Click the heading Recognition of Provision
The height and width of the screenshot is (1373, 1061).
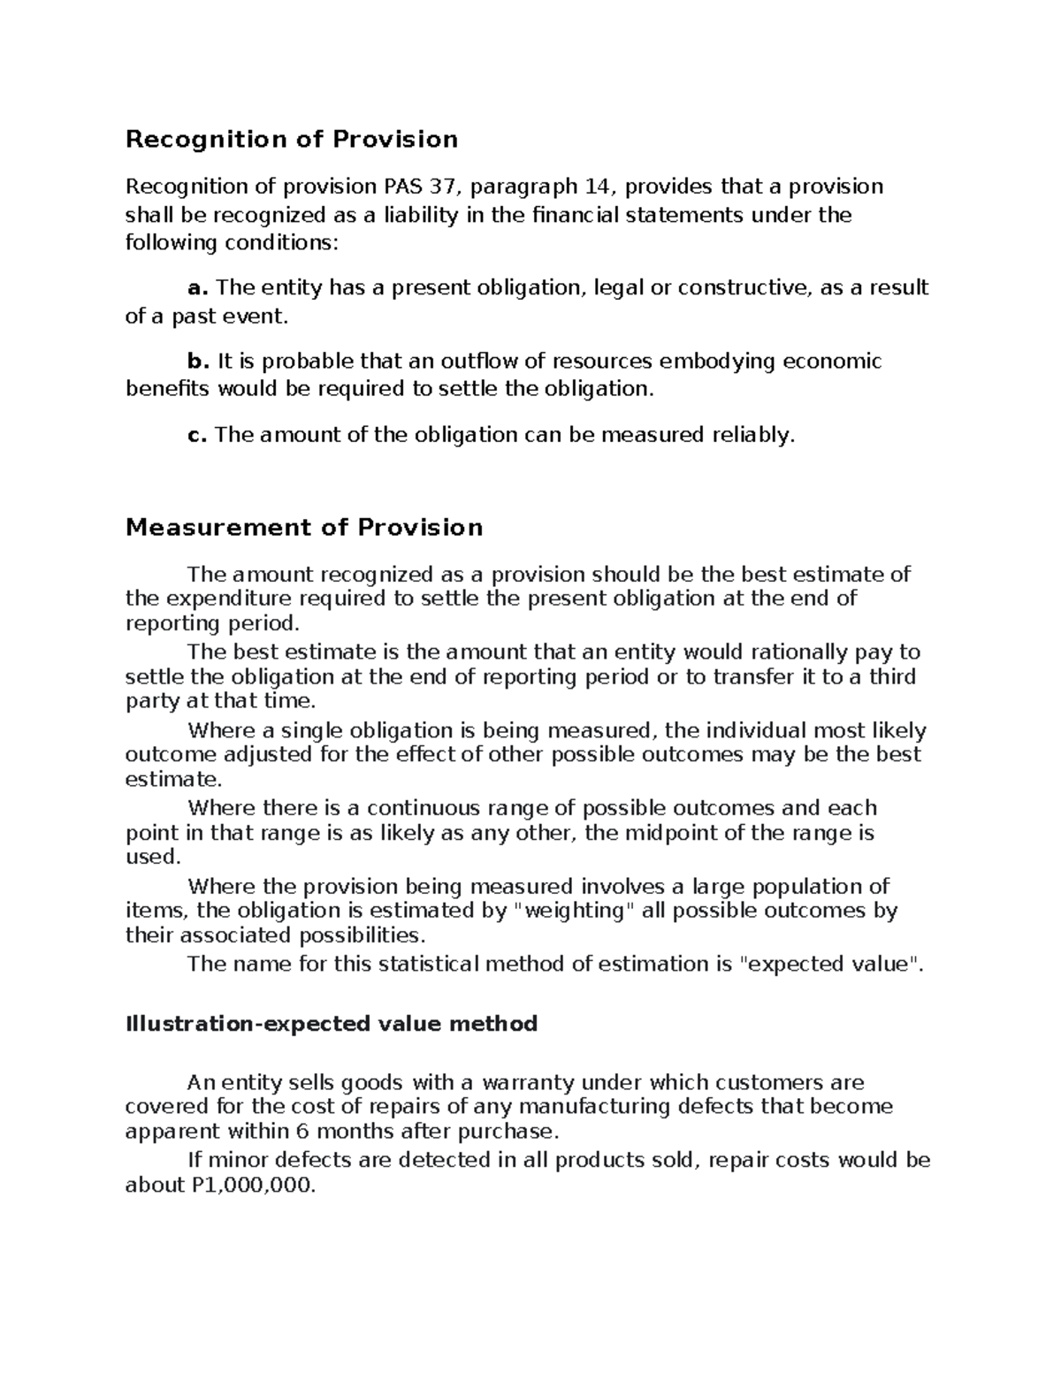(x=292, y=140)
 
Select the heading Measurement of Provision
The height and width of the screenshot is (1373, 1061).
(x=304, y=528)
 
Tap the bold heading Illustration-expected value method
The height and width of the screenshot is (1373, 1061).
(x=332, y=1024)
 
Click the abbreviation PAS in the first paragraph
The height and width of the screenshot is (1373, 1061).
(x=403, y=187)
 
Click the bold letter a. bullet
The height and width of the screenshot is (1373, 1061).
(x=198, y=288)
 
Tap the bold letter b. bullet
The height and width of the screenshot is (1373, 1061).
(x=198, y=361)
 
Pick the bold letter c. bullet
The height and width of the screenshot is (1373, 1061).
(x=197, y=434)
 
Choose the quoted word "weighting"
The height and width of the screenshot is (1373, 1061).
(x=573, y=911)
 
